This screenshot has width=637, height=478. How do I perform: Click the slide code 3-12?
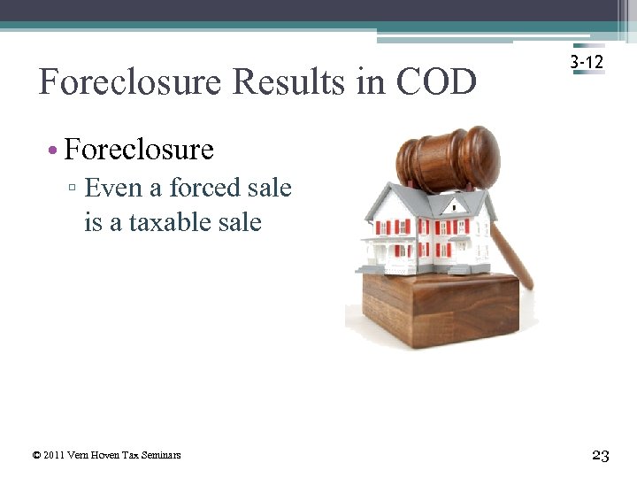(x=587, y=62)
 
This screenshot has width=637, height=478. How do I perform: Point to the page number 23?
(x=601, y=455)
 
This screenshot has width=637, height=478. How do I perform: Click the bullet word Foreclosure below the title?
(x=139, y=150)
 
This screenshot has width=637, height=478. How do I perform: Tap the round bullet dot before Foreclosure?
(x=53, y=150)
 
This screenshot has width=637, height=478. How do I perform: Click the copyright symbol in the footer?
(x=35, y=455)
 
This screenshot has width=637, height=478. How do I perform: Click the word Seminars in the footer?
(x=160, y=455)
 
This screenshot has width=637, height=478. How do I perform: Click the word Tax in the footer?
(x=131, y=455)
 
